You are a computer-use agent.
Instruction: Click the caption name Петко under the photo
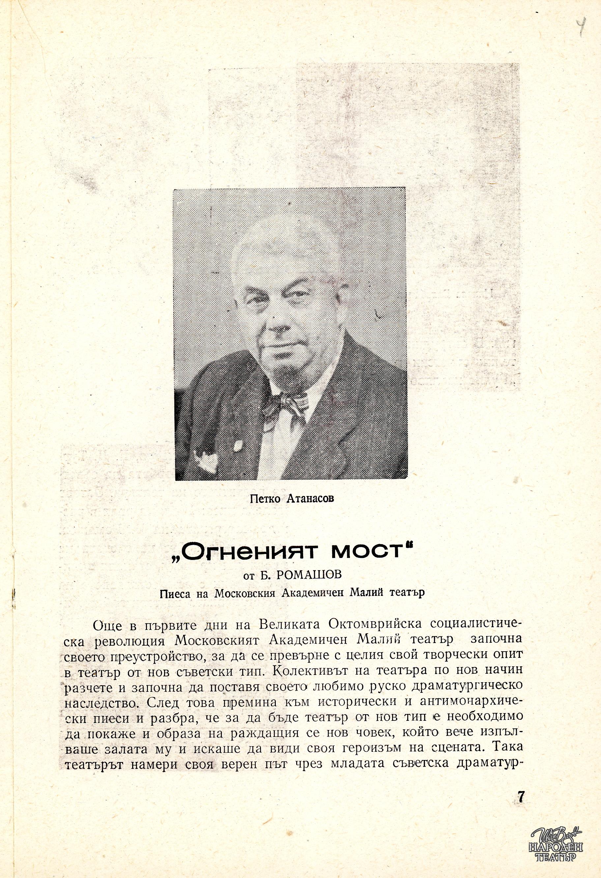pos(265,499)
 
